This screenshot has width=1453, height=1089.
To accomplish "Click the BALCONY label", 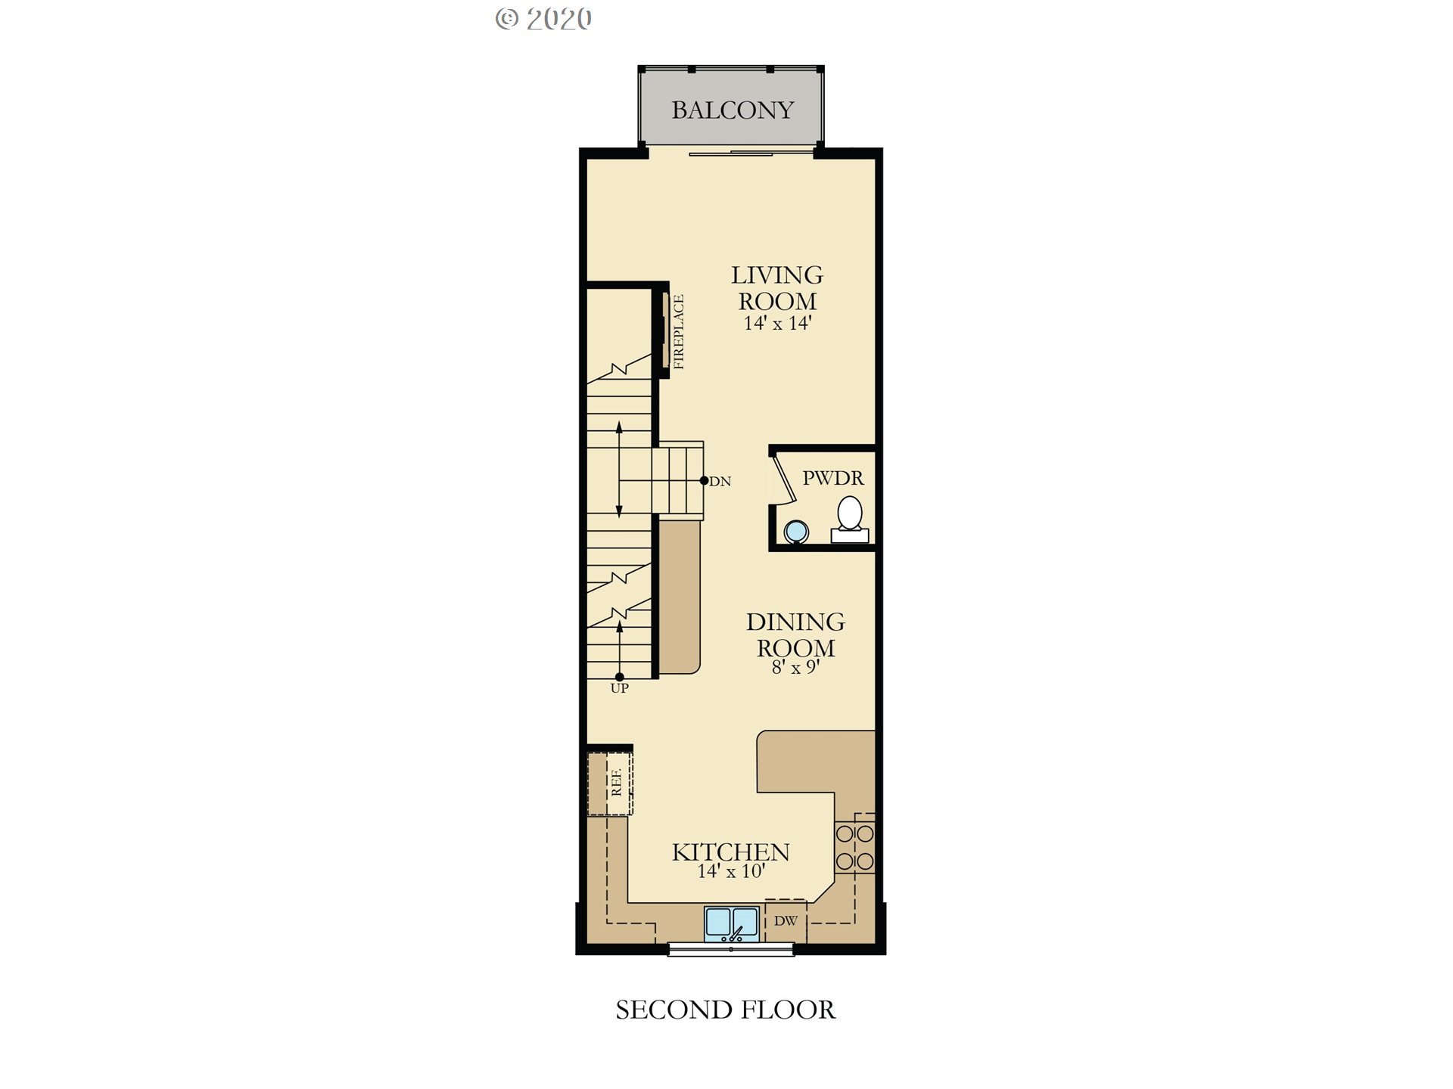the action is point(733,110).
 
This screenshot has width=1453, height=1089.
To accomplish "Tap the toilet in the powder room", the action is point(850,520).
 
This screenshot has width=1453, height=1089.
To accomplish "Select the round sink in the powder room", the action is point(796,532).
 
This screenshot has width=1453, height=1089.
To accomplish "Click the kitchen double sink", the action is point(731,924).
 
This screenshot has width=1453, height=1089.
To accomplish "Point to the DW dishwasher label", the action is point(786,920).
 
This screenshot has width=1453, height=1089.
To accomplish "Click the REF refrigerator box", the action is point(610,783).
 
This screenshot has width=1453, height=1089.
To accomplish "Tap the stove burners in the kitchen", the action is point(855,847).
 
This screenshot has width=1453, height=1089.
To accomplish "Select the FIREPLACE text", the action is point(678,332).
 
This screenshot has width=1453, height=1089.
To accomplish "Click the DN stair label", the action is point(720,481).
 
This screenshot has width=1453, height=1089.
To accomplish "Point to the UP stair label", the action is point(619,688).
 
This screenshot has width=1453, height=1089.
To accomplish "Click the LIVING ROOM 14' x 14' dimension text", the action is point(777,324).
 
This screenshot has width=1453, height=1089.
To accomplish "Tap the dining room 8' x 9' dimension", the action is point(795,667).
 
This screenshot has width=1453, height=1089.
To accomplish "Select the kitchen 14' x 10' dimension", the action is point(731,871).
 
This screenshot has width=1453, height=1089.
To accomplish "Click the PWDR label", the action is point(832,478).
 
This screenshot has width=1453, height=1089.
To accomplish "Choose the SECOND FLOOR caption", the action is point(725,1010).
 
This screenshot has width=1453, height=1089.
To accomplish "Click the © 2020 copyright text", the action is point(543,19).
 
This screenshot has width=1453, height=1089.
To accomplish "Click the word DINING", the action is point(795,622).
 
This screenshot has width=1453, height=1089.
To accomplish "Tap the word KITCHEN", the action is point(730,852).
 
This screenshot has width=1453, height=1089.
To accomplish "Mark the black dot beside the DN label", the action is point(704,480).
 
